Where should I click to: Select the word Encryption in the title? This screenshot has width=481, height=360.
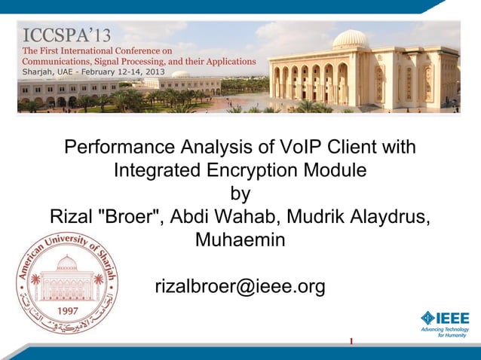(253, 170)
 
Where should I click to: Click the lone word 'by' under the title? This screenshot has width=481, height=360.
(240, 194)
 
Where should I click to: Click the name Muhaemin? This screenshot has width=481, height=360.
(240, 242)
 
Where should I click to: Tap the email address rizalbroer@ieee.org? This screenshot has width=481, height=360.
(240, 287)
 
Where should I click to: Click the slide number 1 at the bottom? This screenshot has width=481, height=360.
(351, 343)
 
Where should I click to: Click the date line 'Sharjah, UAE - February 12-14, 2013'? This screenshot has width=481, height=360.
(93, 72)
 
